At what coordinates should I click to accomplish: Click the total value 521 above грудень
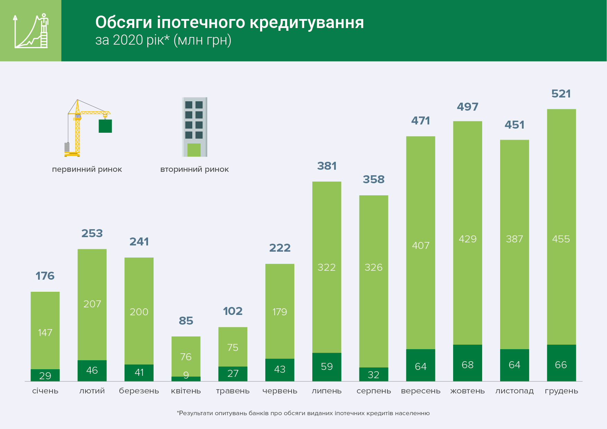click(561, 94)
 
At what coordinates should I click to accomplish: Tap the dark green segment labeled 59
click(327, 366)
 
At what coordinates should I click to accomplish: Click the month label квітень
click(186, 391)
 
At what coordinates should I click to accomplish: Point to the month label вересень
click(421, 391)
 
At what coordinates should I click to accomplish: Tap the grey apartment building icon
click(194, 127)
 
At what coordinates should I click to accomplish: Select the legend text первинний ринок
click(87, 169)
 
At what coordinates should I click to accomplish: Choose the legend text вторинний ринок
click(194, 169)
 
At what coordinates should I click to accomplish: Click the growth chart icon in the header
click(30, 31)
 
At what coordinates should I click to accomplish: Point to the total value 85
click(186, 321)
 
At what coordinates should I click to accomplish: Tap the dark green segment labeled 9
click(186, 379)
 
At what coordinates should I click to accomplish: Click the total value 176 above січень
click(45, 276)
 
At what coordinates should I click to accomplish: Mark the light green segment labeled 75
click(233, 347)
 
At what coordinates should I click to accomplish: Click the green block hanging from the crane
click(105, 126)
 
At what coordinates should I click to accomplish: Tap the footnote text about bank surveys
click(303, 413)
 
